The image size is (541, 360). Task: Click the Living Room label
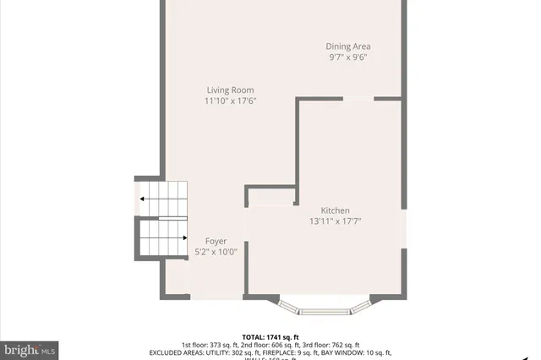coord(230,90)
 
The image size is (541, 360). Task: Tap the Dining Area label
coord(348,46)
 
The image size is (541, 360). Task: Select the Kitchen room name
coord(335,210)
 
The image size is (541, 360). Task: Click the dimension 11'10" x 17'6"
coord(230,101)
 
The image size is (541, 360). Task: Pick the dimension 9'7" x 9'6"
coord(348,57)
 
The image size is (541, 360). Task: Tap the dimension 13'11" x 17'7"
coord(335,221)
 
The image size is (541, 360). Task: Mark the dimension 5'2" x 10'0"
coord(216,251)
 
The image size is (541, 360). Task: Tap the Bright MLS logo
coord(30,348)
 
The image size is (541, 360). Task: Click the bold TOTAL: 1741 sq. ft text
coord(270,336)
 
